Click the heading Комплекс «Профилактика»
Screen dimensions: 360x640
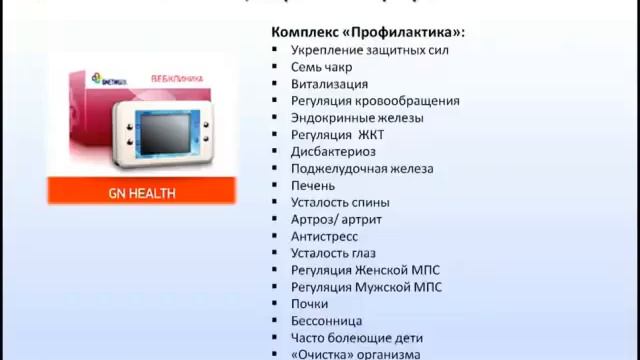[368, 31]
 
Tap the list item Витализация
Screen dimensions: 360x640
[329, 83]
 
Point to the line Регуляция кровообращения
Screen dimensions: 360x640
[375, 100]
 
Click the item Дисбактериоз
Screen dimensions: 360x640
[333, 151]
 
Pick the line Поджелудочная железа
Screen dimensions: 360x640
[362, 168]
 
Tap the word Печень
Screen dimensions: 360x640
[313, 185]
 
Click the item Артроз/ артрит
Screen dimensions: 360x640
[336, 219]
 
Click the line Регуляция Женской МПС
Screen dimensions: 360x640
[365, 270]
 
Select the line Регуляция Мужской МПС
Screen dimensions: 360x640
[366, 287]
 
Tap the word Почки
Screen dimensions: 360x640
[310, 304]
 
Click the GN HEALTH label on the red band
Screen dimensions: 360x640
[141, 192]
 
